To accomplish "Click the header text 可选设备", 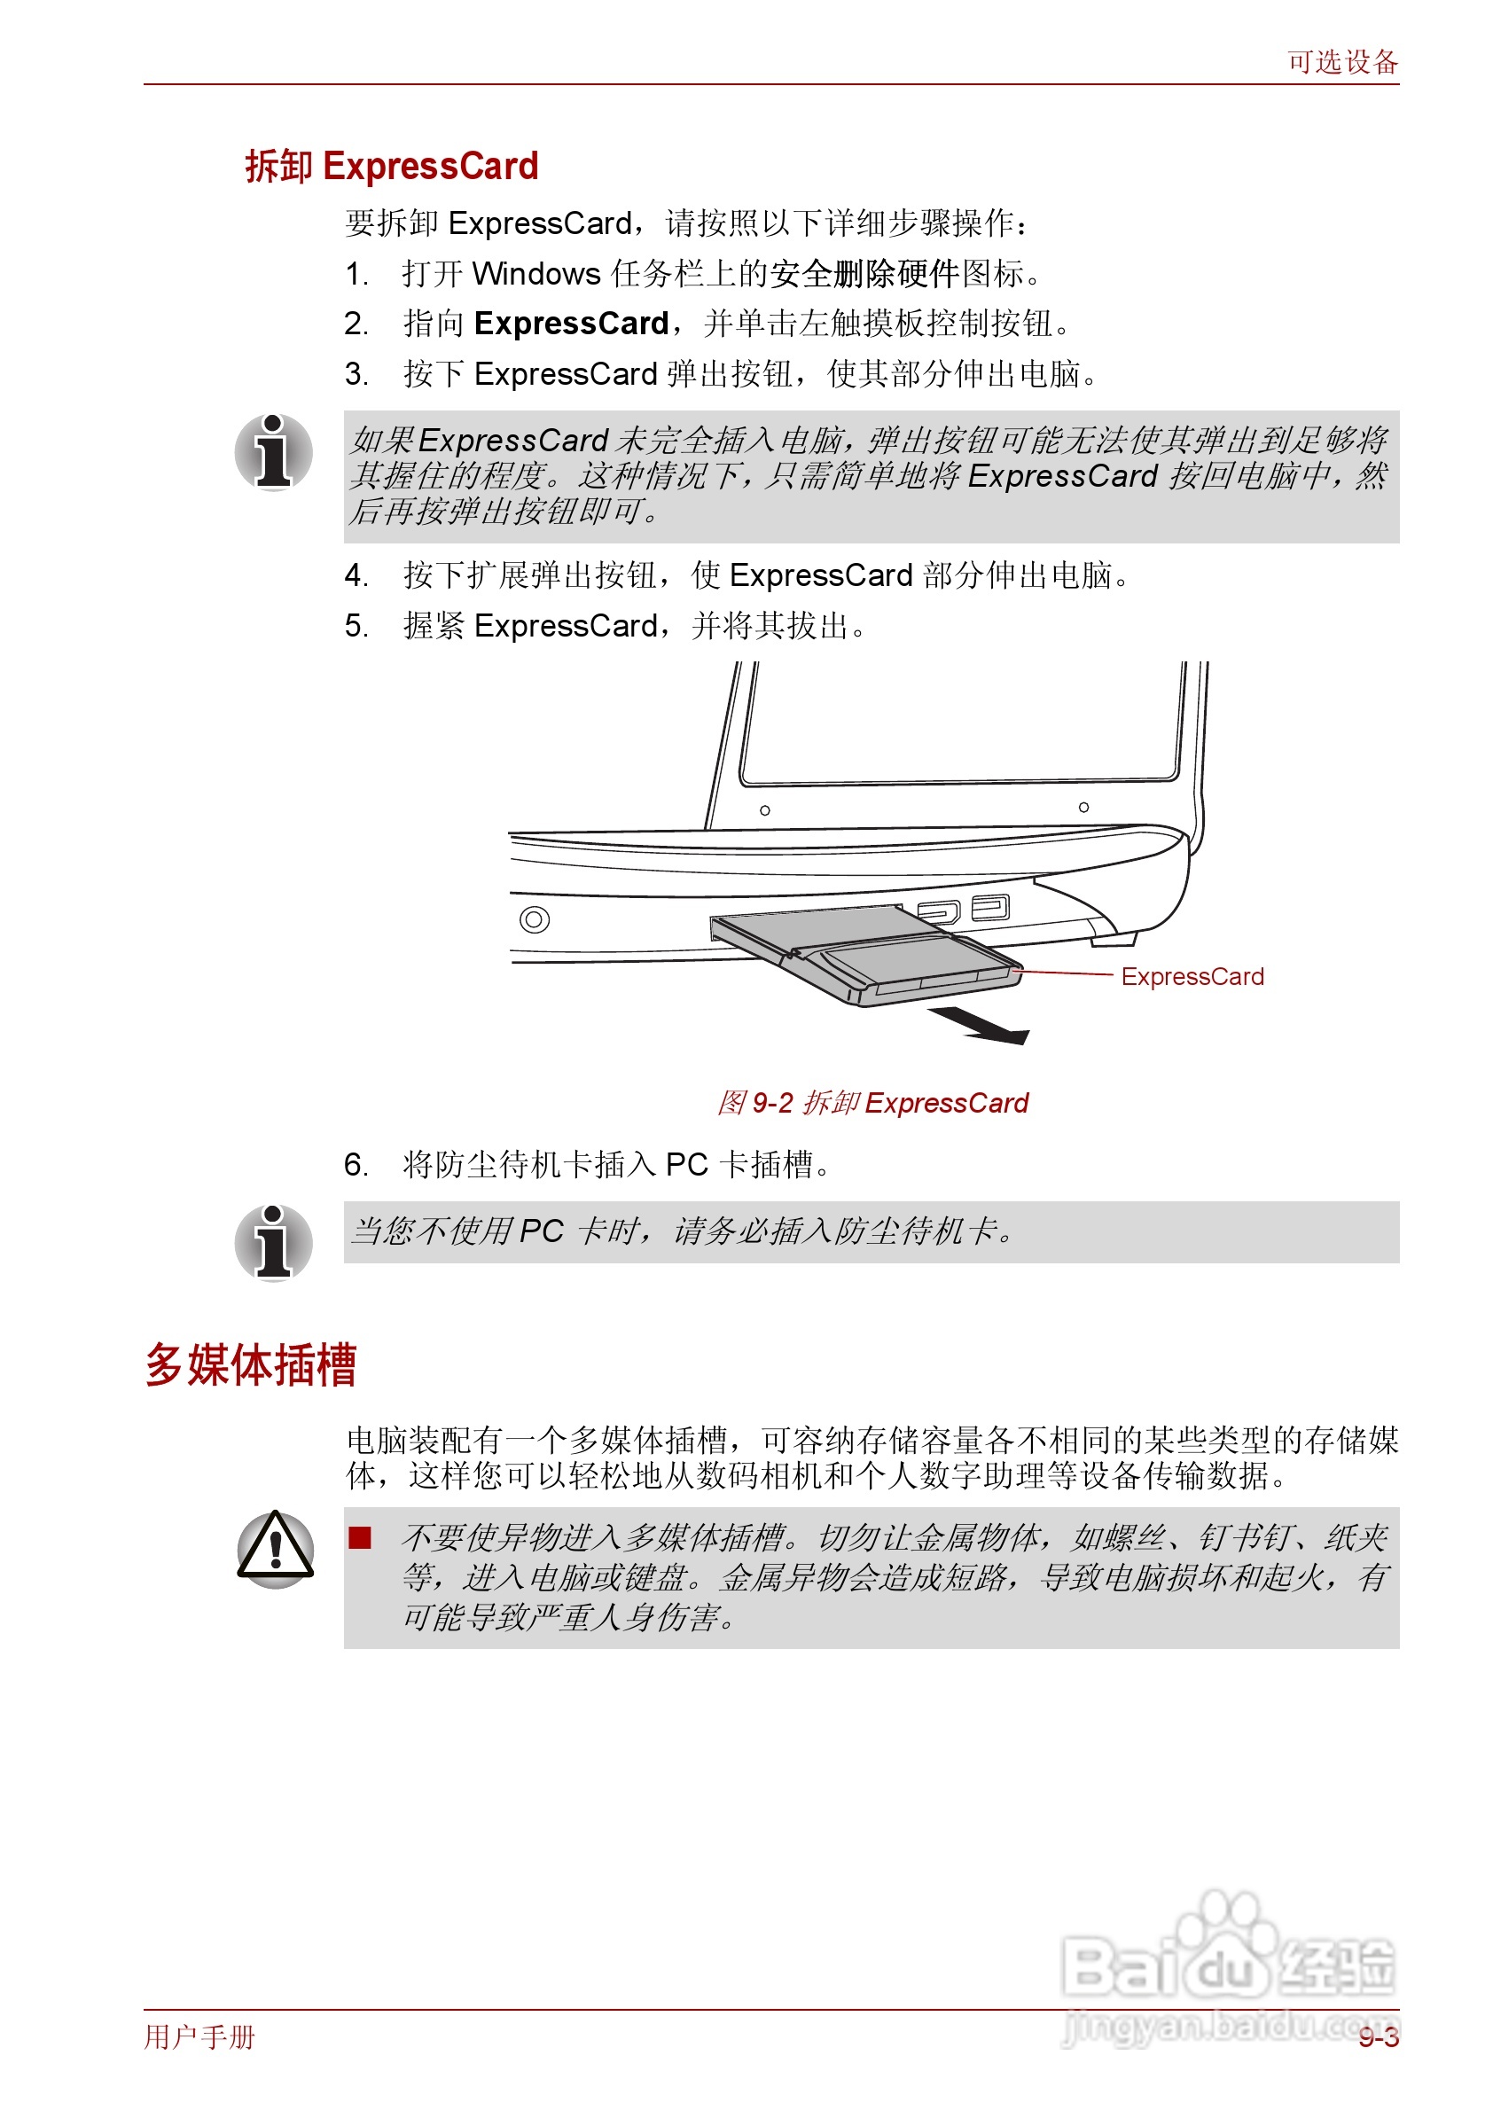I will [1341, 63].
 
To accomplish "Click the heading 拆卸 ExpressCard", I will [392, 167].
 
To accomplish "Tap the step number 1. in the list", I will [356, 274].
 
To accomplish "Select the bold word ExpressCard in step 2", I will [571, 324].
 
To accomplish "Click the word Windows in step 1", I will [536, 274].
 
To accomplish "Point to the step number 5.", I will [356, 626].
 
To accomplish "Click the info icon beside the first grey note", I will [273, 452].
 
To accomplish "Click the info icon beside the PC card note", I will [273, 1242].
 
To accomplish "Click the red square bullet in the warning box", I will [359, 1538].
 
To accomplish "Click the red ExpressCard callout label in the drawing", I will [1192, 976].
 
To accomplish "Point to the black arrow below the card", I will [980, 1025].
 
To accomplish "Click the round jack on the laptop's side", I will [534, 918].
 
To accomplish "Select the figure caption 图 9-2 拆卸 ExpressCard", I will [872, 1102].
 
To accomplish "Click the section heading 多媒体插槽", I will [250, 1364].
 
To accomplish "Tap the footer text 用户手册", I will [199, 2036].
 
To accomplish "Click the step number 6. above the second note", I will [356, 1165].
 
